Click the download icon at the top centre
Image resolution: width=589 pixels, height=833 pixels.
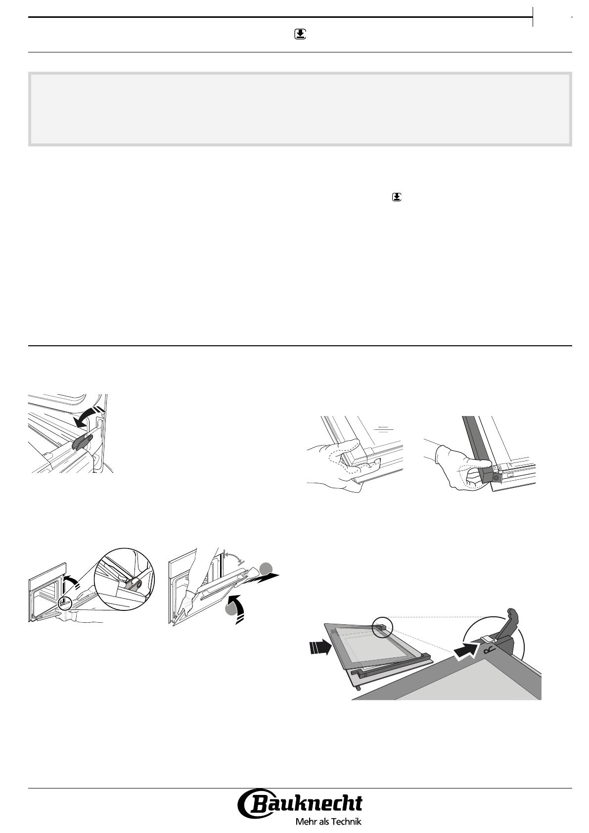tap(300, 35)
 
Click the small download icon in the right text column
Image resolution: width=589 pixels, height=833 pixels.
tap(397, 197)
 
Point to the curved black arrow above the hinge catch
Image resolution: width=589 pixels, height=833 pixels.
tap(87, 416)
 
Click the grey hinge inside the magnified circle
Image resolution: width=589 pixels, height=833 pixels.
tap(133, 584)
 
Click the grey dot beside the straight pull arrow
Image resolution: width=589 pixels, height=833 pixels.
tap(266, 569)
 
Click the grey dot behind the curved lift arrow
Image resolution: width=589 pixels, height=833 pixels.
tap(230, 609)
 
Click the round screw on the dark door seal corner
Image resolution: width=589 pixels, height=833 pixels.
tap(496, 477)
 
